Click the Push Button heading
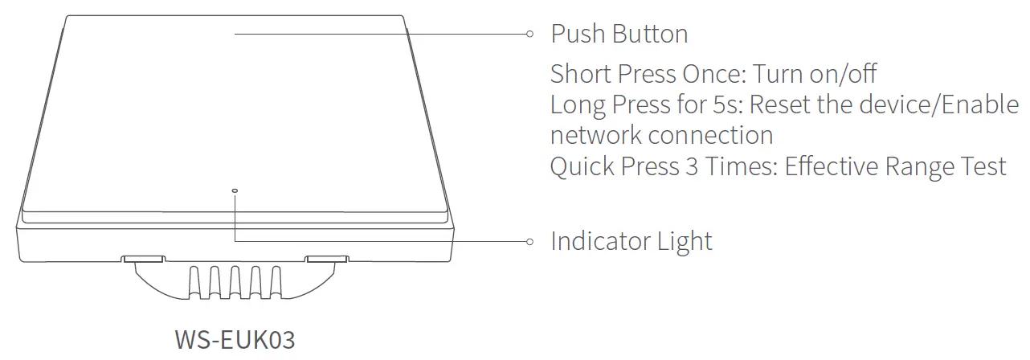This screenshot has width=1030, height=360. (x=619, y=34)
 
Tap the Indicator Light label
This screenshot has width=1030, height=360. (x=631, y=241)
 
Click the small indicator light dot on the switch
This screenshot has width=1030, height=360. (x=234, y=191)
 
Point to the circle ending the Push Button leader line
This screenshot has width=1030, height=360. (x=529, y=34)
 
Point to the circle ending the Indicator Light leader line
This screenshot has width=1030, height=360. (x=529, y=241)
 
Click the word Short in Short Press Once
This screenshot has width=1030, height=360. (x=580, y=74)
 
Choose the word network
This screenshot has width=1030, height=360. (x=595, y=135)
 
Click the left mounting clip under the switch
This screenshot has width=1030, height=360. (x=144, y=260)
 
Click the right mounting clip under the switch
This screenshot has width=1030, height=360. (x=327, y=260)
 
